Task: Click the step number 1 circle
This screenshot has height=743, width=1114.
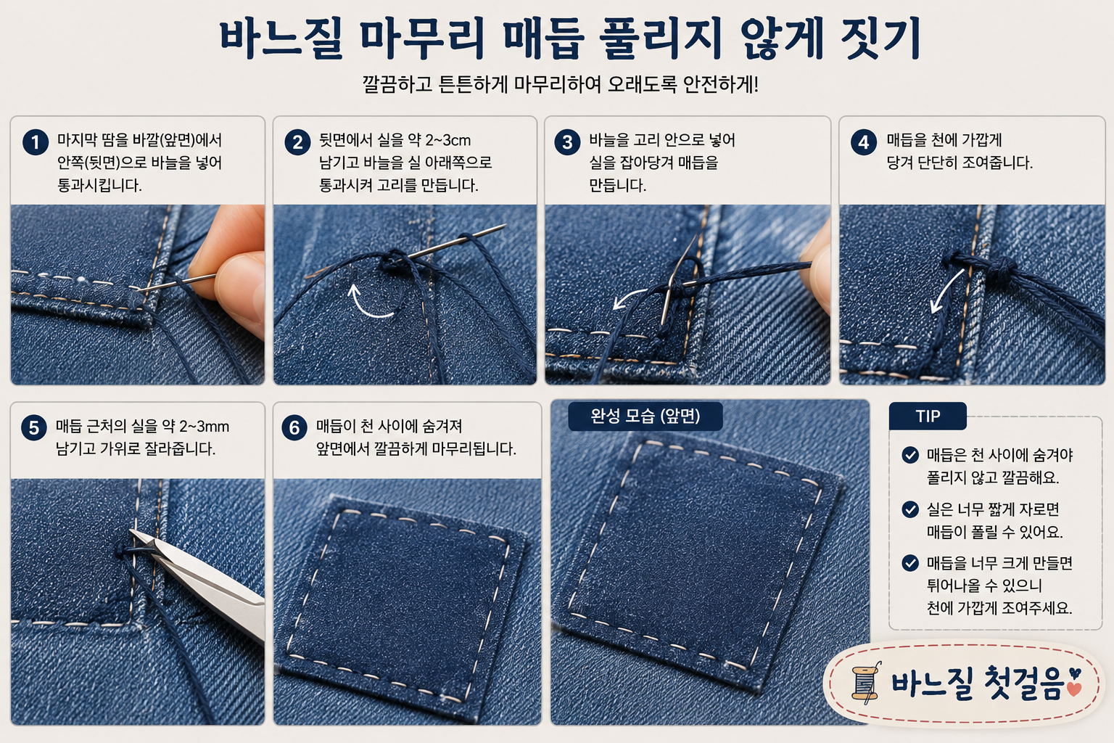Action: tap(36, 142)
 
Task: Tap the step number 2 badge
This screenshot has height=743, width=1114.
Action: tap(297, 142)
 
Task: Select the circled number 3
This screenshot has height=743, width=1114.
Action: tap(567, 142)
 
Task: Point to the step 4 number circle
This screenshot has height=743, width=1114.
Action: tap(863, 142)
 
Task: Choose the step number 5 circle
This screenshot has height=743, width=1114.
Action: tap(34, 427)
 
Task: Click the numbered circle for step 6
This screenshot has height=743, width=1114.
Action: tap(294, 427)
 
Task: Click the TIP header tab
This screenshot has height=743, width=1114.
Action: tap(928, 416)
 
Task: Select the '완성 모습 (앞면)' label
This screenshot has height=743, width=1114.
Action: tap(645, 416)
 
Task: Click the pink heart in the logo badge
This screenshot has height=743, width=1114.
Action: tap(1074, 689)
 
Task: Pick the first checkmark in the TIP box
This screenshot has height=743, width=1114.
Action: tap(910, 455)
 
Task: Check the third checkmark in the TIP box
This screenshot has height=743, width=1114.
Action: tap(910, 563)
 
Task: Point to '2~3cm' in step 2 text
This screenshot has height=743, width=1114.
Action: tap(447, 140)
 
